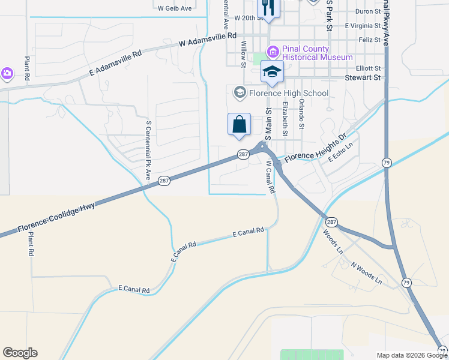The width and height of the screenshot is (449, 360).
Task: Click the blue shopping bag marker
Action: coord(239,124)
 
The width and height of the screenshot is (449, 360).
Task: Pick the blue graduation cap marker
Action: coord(272,71)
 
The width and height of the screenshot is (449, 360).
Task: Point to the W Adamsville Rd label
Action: coord(208,40)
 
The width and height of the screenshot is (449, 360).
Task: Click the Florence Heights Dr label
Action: coord(316,149)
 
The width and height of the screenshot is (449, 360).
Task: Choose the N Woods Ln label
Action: coord(366,273)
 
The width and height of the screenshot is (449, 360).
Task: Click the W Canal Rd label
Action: coord(270,176)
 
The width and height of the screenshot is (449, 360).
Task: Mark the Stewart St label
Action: coord(363,77)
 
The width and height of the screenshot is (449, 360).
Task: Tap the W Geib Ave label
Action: coord(175,8)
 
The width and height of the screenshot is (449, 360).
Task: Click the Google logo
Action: coord(20,352)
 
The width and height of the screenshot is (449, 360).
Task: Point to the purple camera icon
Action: coord(7,73)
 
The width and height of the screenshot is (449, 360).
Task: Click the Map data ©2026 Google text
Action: coord(412,355)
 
